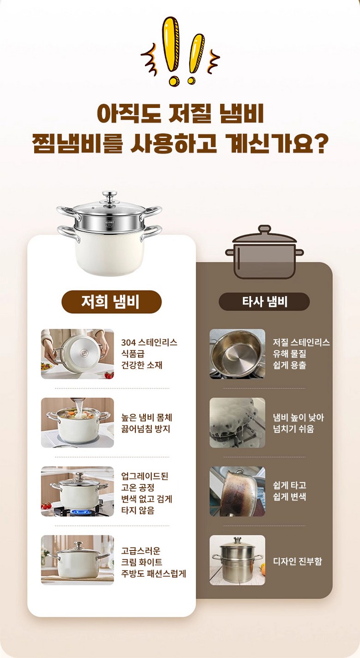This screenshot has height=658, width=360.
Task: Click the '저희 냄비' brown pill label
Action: pos(111,302)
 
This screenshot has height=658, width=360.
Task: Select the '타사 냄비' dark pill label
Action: pos(264,302)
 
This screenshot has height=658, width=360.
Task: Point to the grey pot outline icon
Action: pos(264,252)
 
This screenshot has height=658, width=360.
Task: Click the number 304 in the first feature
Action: pos(128,342)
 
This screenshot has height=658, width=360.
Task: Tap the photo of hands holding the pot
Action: pos(77,353)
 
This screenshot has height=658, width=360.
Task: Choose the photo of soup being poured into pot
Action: pos(77,422)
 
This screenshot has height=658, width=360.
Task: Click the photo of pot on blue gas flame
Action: pos(77,491)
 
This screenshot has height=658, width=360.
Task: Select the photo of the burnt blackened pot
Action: pos(237,491)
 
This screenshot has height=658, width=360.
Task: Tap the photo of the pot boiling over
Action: pos(237,422)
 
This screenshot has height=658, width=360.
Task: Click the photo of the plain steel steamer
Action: pos(237,560)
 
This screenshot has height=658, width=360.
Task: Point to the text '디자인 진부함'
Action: pos(297,561)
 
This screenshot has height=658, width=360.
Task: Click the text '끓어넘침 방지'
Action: pos(146,429)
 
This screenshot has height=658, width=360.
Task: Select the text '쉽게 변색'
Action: pos(289,496)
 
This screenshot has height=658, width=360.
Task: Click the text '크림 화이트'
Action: pos(142,562)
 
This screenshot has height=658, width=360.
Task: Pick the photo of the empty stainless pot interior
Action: pos(237,353)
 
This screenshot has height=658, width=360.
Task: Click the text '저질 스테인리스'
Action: pos(301,342)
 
